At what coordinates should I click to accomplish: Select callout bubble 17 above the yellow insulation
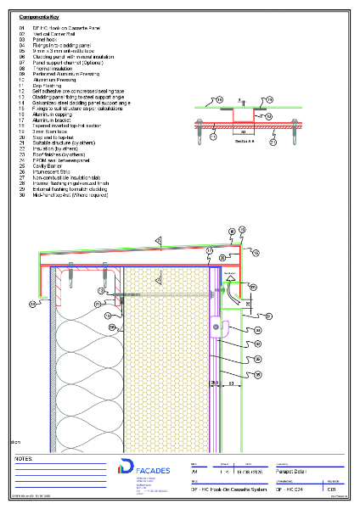tap(210, 252)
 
